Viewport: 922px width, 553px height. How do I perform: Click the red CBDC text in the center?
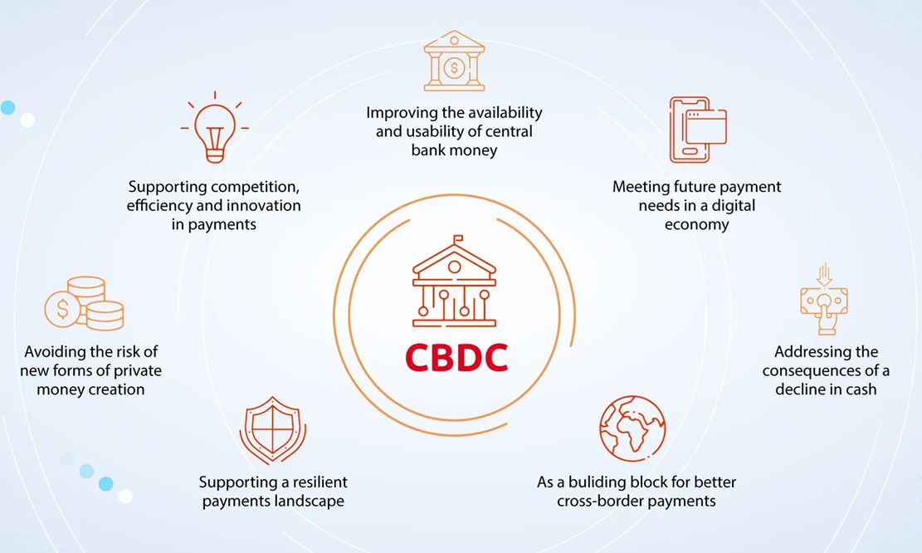[456, 357]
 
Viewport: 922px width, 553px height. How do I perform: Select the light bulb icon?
[214, 128]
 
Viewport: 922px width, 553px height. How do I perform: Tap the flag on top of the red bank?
[458, 240]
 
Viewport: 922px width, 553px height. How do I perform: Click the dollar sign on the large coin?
[62, 309]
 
